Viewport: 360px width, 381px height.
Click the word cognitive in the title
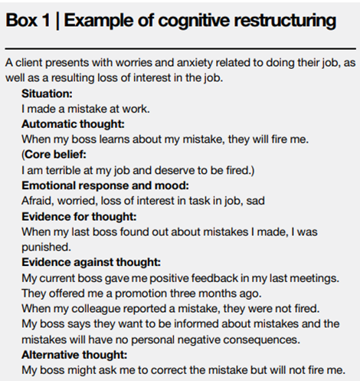194,21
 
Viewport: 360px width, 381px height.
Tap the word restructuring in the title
285,21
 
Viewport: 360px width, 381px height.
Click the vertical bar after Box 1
57,21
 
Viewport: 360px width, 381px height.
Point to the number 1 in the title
46,20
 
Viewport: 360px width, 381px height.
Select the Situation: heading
47,94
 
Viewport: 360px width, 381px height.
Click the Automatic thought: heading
73,124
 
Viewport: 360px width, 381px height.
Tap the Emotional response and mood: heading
105,186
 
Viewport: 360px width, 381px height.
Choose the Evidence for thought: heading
79,217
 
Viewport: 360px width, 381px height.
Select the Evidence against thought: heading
91,262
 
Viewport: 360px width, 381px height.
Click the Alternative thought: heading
74,355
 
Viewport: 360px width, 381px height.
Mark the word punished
46,248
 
